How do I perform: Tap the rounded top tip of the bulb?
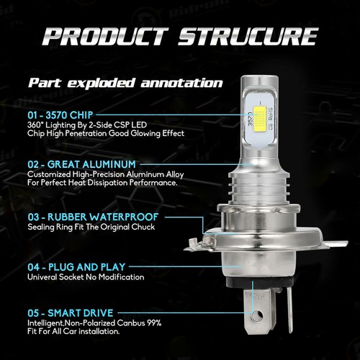(x=259, y=81)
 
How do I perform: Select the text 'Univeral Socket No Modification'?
(x=86, y=276)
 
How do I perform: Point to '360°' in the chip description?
(x=37, y=125)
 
